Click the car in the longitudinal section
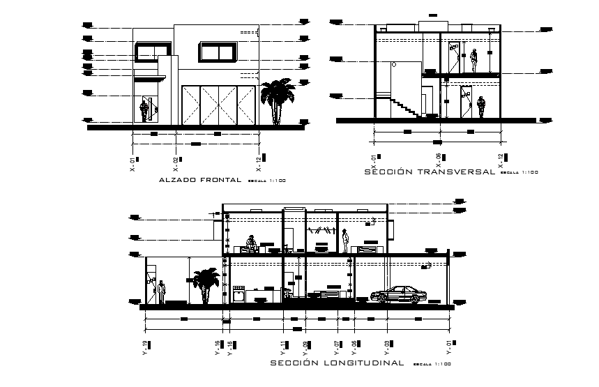tap(399, 294)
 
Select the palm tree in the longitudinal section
tap(204, 284)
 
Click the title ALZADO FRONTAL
tap(200, 180)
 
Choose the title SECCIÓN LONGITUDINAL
tap(336, 363)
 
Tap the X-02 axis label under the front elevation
tap(176, 164)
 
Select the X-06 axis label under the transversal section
tap(439, 161)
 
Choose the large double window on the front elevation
tap(216, 52)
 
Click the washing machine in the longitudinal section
tap(238, 295)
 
